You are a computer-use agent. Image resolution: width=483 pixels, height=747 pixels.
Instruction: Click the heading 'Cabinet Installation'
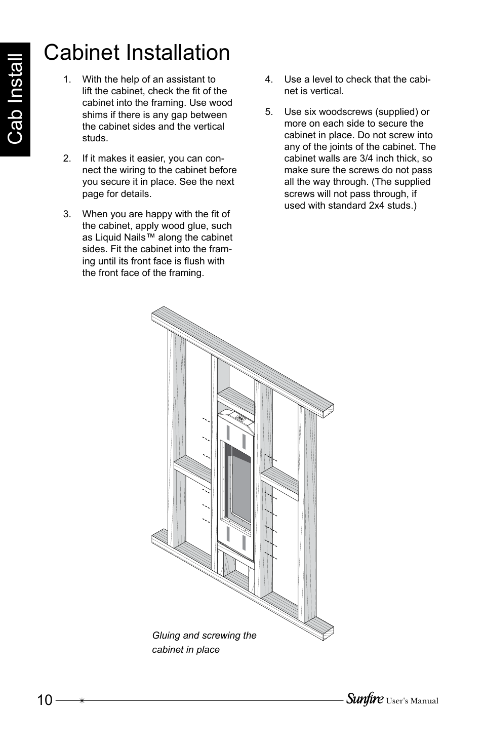tap(137, 53)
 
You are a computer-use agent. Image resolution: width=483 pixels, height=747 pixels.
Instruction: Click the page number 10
tap(44, 700)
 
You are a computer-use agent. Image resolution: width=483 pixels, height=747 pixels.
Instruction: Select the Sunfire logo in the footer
tap(364, 699)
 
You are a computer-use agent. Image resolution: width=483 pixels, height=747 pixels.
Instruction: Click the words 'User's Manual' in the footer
tap(412, 701)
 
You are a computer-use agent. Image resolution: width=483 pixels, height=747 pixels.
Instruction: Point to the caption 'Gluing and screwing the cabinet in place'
tap(204, 642)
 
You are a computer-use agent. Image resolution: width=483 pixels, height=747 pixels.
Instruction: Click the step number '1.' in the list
tap(67, 80)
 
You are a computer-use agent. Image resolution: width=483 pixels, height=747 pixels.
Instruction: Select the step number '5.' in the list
tap(269, 112)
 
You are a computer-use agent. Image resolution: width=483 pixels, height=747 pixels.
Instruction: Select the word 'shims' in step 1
tap(95, 115)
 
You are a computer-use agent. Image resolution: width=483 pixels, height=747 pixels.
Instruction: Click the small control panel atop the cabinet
tap(240, 419)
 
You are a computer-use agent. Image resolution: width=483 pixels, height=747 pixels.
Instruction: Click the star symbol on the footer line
tap(82, 701)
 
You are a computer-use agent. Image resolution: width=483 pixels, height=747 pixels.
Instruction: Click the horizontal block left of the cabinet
tap(193, 471)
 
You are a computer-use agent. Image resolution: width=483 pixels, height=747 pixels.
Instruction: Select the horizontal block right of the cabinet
tap(279, 481)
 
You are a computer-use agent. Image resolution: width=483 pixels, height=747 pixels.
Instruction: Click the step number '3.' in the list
tap(67, 214)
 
